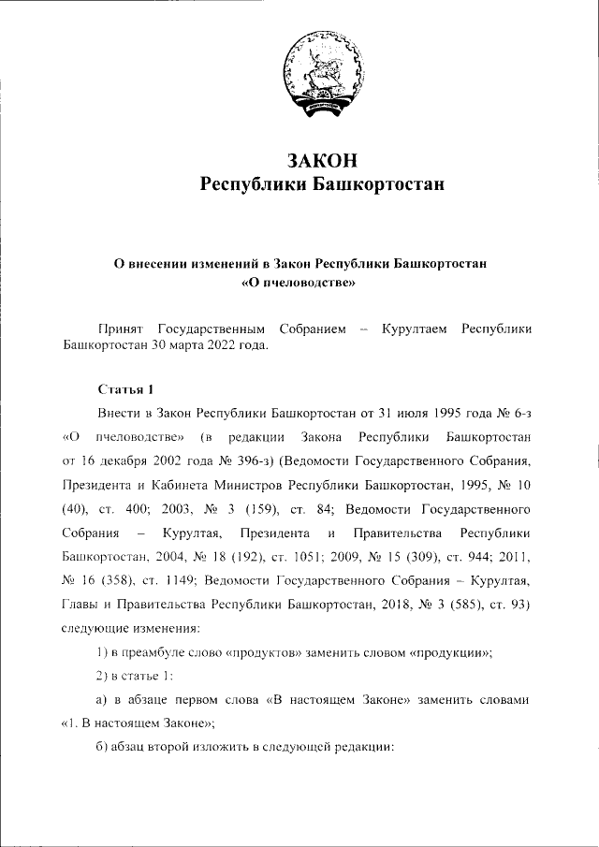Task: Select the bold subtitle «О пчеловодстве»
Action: pos(299,281)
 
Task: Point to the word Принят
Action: pos(122,329)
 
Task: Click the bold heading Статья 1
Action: pos(122,387)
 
